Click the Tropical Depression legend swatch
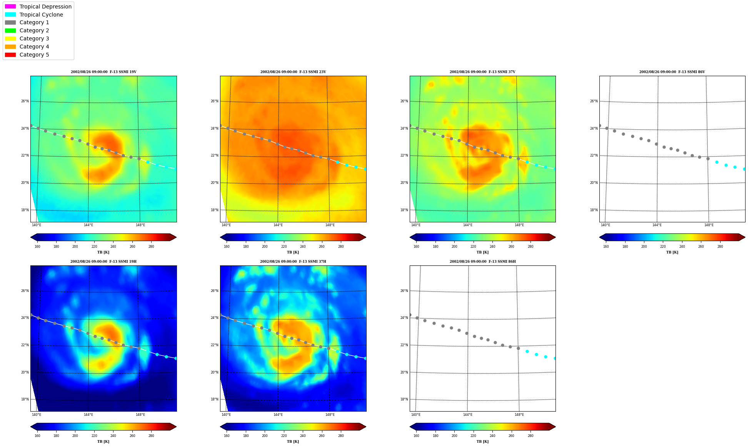tap(10, 7)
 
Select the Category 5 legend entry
tap(27, 55)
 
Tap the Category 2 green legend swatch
tap(10, 30)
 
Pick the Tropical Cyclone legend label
tap(41, 15)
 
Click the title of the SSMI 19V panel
tap(103, 72)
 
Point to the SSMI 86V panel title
tap(672, 72)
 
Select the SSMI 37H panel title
tap(293, 262)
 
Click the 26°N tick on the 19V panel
tap(25, 101)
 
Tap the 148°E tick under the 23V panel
tap(330, 225)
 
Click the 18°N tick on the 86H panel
tap(404, 399)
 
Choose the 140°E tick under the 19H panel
tap(37, 415)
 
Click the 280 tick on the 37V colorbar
tap(530, 247)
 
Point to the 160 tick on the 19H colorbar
tap(37, 436)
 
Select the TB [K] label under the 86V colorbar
tap(672, 252)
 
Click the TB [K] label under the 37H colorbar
tap(293, 442)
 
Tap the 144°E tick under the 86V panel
tap(657, 225)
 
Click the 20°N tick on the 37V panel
tap(404, 183)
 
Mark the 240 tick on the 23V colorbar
tap(303, 247)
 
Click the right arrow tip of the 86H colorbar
tap(555, 427)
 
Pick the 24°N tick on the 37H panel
tap(215, 318)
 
